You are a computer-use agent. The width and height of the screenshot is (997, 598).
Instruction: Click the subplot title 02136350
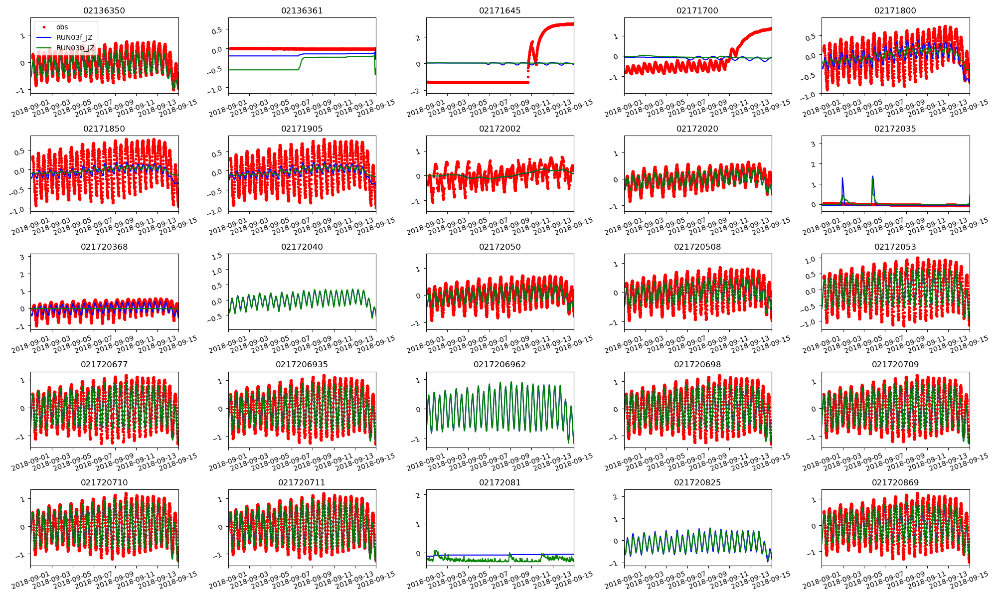point(104,10)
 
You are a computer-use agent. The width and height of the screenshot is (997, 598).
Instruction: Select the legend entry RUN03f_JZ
point(74,37)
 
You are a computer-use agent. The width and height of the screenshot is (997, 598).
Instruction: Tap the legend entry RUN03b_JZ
point(75,48)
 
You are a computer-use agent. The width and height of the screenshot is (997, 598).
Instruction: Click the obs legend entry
point(62,27)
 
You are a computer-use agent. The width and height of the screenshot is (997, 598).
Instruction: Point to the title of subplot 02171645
point(499,10)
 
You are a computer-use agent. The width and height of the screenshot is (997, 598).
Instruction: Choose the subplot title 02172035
point(895,129)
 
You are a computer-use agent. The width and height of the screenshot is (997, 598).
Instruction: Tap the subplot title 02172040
point(302,247)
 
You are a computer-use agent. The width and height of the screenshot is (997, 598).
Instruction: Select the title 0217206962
point(499,364)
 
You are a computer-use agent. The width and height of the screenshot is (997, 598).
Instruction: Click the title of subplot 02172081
point(499,482)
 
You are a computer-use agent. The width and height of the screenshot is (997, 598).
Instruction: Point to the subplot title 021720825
point(697,482)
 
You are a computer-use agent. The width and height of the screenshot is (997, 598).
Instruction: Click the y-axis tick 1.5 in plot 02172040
point(217,256)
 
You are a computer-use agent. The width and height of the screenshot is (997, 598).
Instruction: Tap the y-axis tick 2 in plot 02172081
point(418,495)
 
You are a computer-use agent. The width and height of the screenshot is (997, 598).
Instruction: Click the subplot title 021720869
point(895,482)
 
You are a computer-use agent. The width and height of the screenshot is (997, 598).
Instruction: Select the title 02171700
point(697,10)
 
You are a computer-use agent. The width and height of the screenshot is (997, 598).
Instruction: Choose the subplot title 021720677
point(104,364)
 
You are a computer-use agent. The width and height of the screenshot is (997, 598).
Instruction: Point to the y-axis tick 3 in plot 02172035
point(813,144)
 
